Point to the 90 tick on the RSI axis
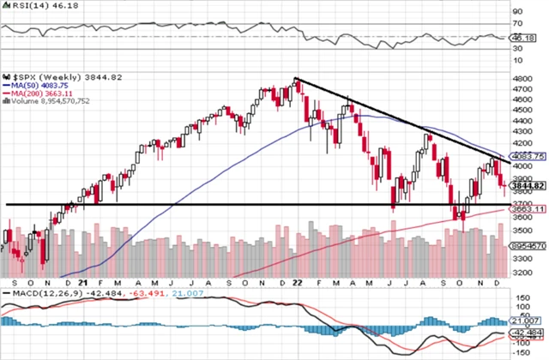518,11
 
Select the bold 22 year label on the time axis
295,283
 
